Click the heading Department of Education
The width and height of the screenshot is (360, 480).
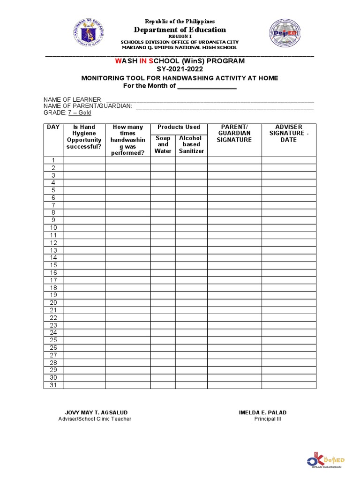coord(180,30)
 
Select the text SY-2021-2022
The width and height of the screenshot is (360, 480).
coord(180,69)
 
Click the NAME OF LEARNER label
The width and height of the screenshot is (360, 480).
coord(73,100)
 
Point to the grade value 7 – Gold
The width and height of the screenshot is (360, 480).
coord(80,113)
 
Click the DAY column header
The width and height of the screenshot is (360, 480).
coord(53,127)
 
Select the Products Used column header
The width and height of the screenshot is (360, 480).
coord(179,127)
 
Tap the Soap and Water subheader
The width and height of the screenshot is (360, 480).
coord(163,145)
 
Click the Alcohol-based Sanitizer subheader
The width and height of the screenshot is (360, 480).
coord(191,145)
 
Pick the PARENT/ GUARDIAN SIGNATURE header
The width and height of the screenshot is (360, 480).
coord(234,134)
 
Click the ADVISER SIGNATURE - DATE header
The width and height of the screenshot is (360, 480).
coord(289,134)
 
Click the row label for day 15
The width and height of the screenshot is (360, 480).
coord(53,265)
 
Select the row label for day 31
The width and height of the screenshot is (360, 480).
coord(53,385)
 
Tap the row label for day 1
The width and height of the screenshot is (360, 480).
coord(53,160)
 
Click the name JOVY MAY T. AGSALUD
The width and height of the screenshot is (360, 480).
coord(96,412)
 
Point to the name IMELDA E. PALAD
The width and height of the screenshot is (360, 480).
coord(262,412)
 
